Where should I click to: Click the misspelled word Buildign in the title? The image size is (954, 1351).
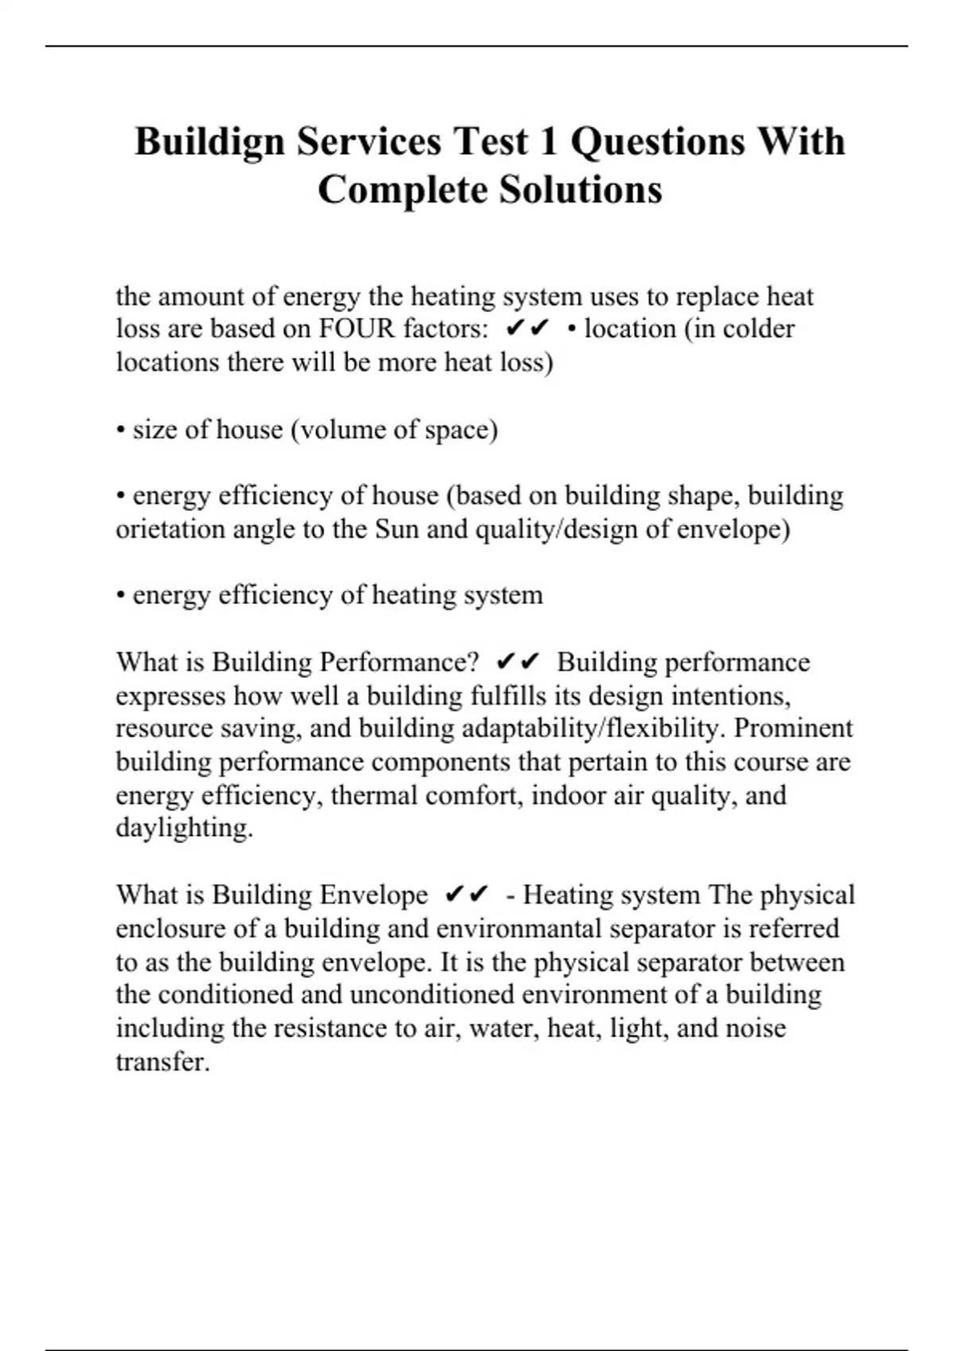[210, 143]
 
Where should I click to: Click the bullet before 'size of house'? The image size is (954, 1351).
[121, 431]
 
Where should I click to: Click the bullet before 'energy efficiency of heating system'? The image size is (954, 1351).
[121, 596]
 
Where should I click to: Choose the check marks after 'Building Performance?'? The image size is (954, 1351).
[518, 662]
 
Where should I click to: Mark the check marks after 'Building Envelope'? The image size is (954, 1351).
[467, 896]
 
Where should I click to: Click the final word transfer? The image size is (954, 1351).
[161, 1062]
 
